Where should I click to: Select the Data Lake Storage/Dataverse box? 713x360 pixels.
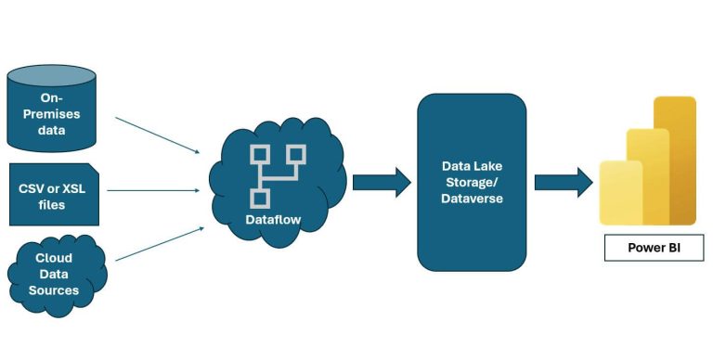click(471, 181)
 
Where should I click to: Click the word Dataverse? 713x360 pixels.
click(471, 198)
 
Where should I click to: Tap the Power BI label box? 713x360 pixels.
click(653, 248)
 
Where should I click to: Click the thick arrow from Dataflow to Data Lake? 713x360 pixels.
click(381, 181)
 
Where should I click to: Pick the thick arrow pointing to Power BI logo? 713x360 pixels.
click(563, 181)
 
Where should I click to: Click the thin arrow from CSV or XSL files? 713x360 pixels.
click(153, 190)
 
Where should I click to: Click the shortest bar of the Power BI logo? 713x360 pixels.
click(618, 192)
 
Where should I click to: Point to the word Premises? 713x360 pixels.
click(59, 114)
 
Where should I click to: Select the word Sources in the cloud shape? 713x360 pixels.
click(58, 289)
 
